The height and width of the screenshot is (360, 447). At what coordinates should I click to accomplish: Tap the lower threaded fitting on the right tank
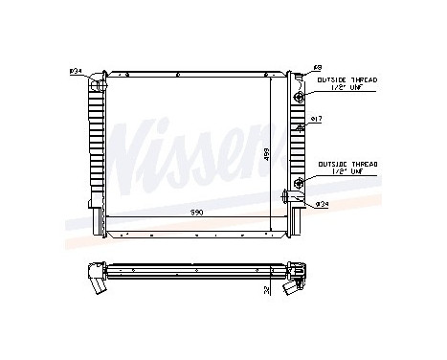click(300, 182)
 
